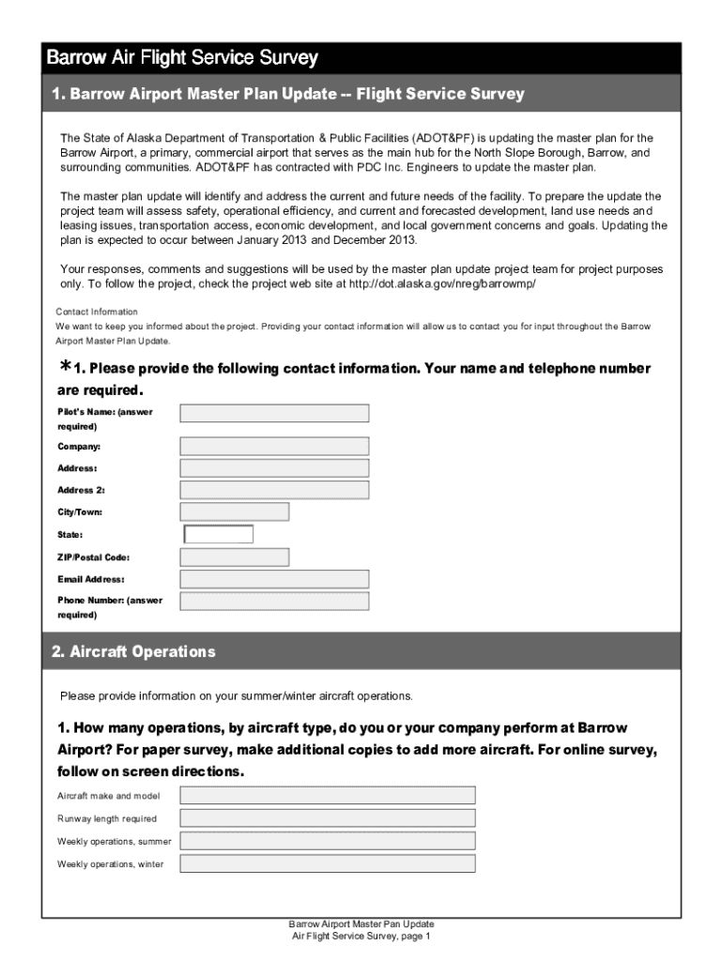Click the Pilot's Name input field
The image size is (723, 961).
[x=274, y=413]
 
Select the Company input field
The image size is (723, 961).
[x=274, y=446]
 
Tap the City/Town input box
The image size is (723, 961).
[x=234, y=511]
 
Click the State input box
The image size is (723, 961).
[x=219, y=534]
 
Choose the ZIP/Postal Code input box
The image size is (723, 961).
[x=234, y=557]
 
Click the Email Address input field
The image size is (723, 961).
[x=274, y=579]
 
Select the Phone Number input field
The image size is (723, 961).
[x=274, y=601]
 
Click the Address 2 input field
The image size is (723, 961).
[x=274, y=490]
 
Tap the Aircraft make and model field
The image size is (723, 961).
[x=328, y=795]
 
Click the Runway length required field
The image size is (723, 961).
[x=328, y=817]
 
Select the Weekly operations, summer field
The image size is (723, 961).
[x=328, y=841]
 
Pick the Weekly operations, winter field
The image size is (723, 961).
[x=328, y=863]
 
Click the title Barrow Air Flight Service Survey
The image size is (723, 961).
[x=183, y=58]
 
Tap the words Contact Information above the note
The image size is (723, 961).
[x=97, y=312]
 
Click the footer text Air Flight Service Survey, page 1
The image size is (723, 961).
[x=361, y=937]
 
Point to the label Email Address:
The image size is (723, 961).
[x=91, y=580]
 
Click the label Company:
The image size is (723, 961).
[x=79, y=447]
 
